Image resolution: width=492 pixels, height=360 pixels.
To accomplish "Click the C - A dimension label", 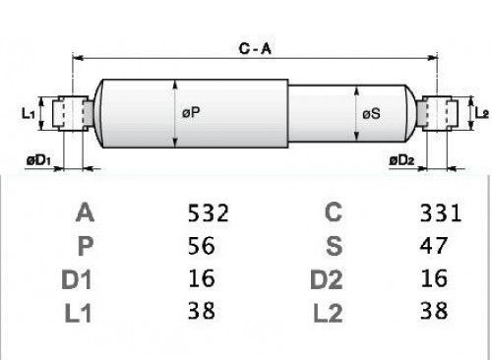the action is (255, 49).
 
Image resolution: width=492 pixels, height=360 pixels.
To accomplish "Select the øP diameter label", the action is (191, 112).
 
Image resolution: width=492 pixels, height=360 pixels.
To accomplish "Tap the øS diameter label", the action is (371, 114).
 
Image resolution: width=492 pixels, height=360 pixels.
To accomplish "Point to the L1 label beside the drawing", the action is (28, 113).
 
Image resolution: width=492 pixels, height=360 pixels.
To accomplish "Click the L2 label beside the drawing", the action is (482, 113).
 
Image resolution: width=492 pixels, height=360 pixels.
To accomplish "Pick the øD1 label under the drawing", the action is (38, 160).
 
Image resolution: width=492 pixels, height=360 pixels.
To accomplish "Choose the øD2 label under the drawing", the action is (401, 160).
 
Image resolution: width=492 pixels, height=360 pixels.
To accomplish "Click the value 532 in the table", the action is (208, 212).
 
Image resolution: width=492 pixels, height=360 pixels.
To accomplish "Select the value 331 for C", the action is (441, 212).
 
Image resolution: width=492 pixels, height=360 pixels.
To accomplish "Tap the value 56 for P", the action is (202, 245).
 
